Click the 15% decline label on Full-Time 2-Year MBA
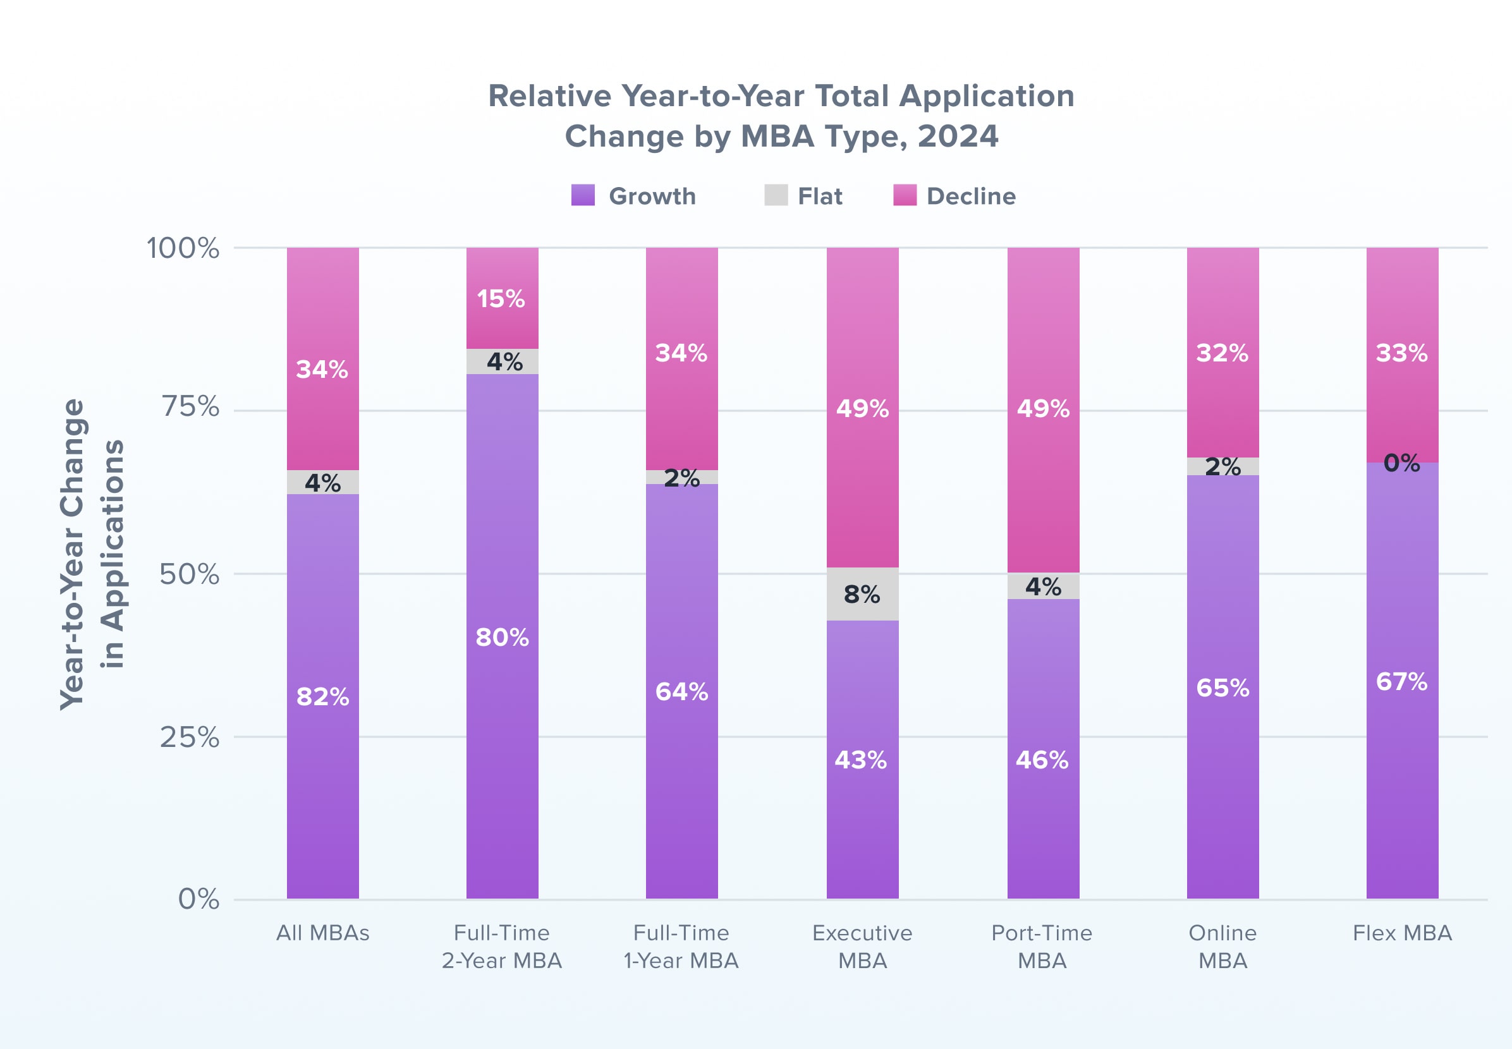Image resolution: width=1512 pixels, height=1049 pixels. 501,299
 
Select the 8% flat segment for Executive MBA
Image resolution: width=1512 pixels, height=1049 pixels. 862,594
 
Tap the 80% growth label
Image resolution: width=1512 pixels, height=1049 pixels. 503,637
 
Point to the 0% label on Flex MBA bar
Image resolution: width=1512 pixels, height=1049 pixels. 1401,463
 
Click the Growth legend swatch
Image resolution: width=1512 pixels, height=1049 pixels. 583,195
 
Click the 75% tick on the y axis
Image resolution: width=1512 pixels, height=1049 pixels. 191,407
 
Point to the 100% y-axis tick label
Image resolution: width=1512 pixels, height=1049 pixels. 183,248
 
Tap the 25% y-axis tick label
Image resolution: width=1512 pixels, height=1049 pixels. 190,737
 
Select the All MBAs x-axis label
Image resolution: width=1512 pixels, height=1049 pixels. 322,933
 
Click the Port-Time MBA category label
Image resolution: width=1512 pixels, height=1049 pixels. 1042,947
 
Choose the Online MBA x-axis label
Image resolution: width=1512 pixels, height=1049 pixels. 1222,947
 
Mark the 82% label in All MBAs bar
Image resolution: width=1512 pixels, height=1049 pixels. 323,697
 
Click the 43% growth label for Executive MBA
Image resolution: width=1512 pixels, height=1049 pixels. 861,760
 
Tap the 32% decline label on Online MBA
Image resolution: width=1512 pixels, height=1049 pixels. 1222,353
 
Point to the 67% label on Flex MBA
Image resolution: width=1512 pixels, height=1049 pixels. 1401,682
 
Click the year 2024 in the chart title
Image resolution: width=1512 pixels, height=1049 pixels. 957,136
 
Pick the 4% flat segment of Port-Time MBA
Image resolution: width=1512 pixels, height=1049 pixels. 1042,586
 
